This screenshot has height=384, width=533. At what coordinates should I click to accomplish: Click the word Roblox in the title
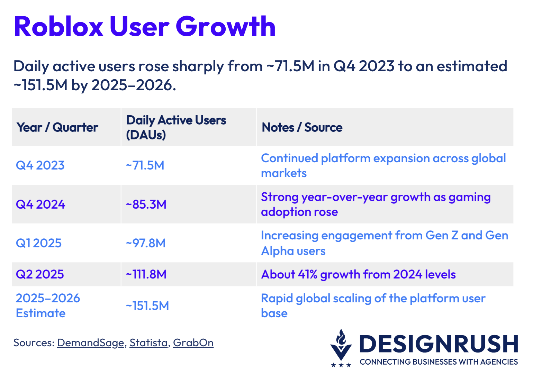[58, 27]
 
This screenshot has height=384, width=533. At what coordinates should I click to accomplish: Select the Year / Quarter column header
[57, 127]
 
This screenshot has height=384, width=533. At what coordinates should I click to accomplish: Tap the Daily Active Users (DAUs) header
[176, 127]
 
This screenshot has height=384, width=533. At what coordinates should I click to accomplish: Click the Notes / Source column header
[302, 127]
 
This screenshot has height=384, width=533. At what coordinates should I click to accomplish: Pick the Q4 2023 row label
[40, 165]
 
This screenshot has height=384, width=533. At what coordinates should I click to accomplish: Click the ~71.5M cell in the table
[145, 165]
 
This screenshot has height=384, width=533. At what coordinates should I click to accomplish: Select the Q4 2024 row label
[40, 204]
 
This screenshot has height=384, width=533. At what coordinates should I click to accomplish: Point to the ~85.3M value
[146, 204]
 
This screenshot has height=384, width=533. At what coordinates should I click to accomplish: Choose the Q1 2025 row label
[39, 243]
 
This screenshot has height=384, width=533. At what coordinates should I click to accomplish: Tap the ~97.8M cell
[146, 243]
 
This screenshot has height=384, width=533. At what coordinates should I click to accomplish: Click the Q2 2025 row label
[40, 274]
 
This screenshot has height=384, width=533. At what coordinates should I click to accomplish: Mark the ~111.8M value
[146, 274]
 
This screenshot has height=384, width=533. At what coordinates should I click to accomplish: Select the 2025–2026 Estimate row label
[48, 305]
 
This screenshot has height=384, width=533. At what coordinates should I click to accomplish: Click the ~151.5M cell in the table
[147, 306]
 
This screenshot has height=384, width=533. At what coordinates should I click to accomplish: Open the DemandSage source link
[91, 343]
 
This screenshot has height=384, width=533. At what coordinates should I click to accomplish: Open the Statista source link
[148, 343]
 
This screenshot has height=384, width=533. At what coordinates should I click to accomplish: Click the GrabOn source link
[193, 343]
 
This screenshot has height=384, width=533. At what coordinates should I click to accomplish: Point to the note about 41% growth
[358, 274]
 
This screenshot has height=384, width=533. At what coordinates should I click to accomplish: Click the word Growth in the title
[225, 27]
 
